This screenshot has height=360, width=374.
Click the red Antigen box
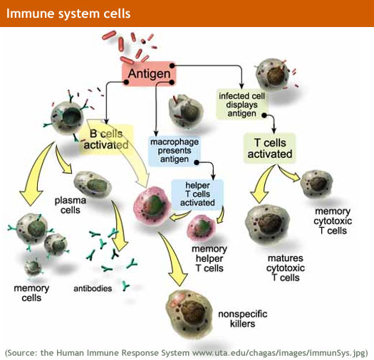tap(149, 73)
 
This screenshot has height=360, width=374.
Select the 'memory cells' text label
tap(31, 292)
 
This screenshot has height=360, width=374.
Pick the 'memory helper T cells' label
tap(208, 258)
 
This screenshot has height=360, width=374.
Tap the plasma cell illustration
tap(93, 186)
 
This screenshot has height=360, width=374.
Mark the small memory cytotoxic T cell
tap(315, 182)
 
